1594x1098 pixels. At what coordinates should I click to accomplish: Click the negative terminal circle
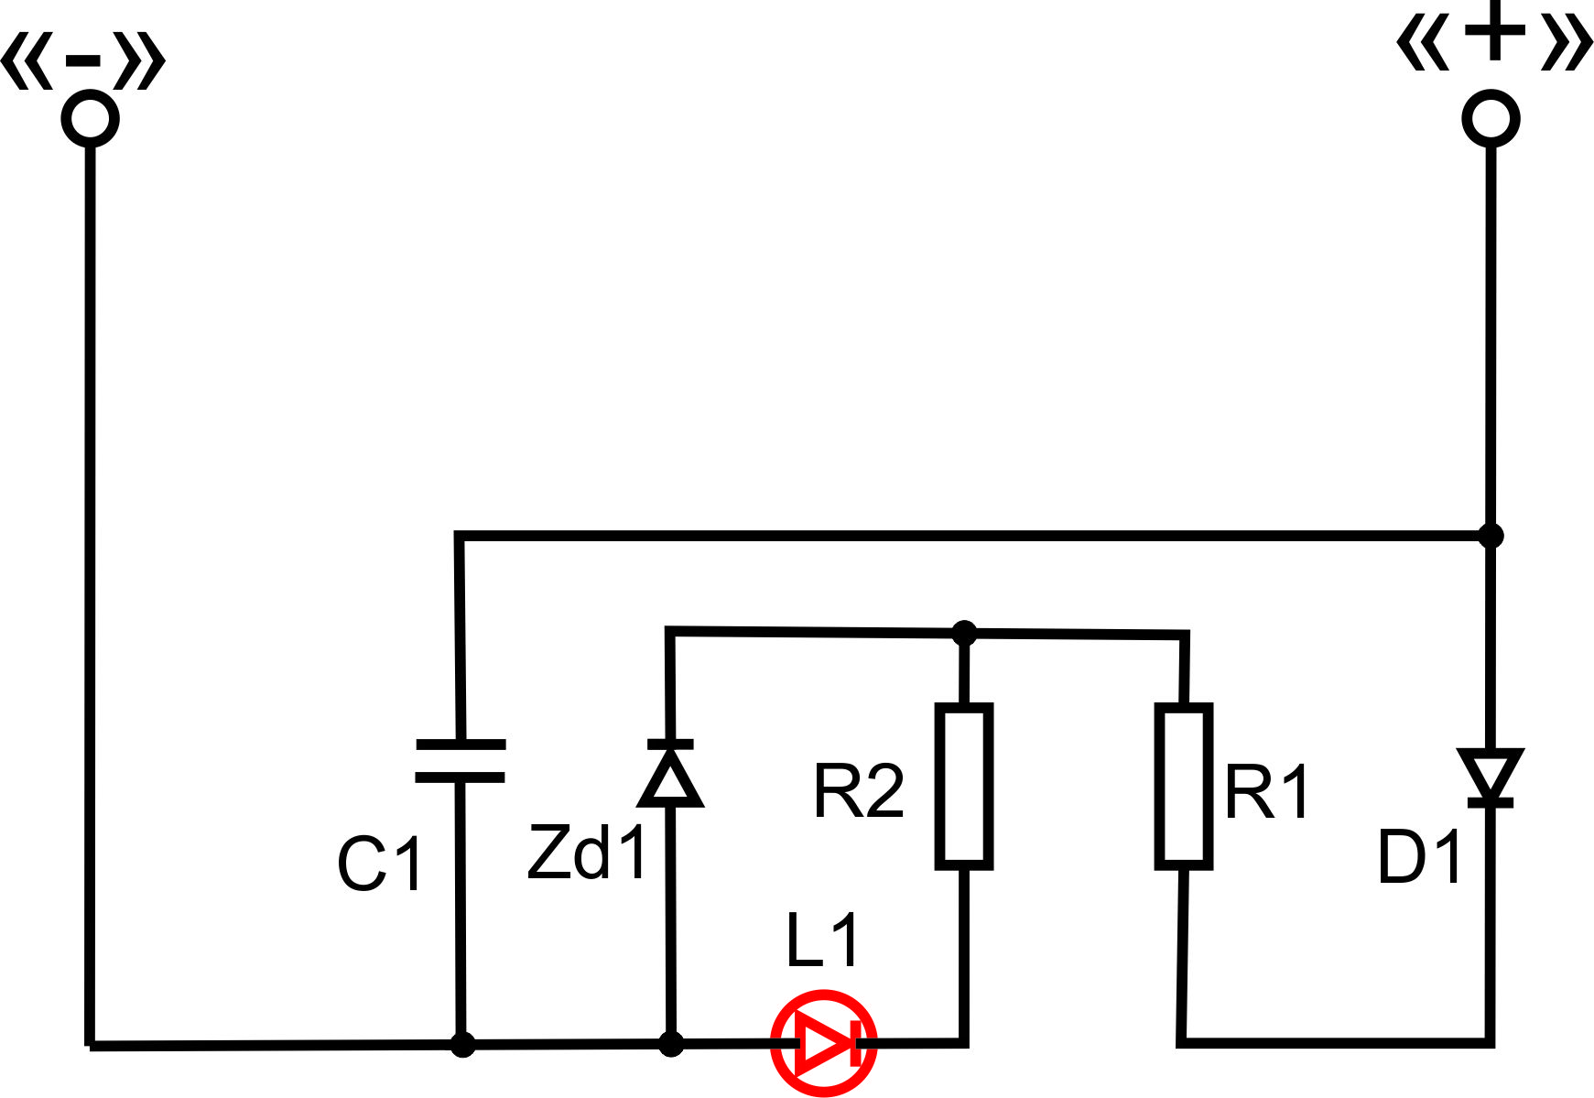click(x=90, y=119)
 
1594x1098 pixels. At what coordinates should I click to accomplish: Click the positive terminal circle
click(x=1491, y=119)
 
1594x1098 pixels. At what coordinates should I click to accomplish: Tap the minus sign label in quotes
click(x=83, y=61)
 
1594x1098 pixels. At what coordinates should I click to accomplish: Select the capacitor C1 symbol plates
click(x=461, y=760)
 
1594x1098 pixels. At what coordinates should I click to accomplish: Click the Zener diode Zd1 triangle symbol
click(x=670, y=773)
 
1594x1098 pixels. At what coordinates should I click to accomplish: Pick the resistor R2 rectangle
click(x=964, y=786)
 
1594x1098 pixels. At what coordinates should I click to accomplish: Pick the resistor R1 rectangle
click(x=1184, y=786)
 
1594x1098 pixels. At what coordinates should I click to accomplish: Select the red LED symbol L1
click(x=824, y=1043)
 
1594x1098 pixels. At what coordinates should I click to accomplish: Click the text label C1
click(x=380, y=864)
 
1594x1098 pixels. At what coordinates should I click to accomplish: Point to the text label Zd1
click(x=588, y=853)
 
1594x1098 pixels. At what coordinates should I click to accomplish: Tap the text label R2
click(x=859, y=791)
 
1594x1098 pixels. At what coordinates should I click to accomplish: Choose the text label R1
click(x=1267, y=791)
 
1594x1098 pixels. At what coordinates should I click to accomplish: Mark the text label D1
click(x=1419, y=858)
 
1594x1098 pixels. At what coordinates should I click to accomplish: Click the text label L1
click(x=823, y=940)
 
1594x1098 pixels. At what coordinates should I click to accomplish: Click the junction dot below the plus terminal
click(x=1491, y=535)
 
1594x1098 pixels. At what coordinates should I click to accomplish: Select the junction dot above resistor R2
click(x=964, y=632)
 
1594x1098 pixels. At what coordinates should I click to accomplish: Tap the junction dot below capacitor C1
click(x=463, y=1044)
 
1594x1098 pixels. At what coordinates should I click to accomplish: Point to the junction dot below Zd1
click(x=671, y=1044)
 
